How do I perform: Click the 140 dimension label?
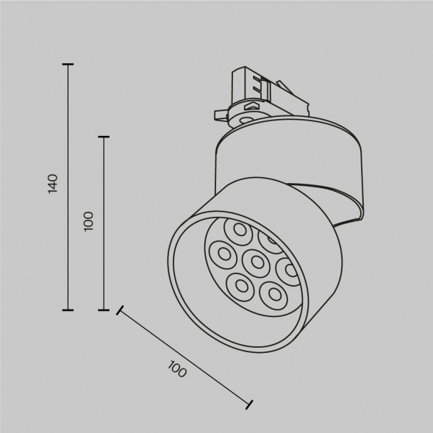click(x=52, y=183)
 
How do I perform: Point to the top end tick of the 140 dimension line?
click(x=68, y=65)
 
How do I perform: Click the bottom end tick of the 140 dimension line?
click(x=68, y=309)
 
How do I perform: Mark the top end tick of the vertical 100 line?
click(x=104, y=137)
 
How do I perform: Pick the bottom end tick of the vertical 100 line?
click(x=104, y=309)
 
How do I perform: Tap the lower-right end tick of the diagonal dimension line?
click(x=250, y=404)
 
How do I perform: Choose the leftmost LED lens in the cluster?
click(x=221, y=254)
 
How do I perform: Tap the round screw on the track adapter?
click(x=245, y=116)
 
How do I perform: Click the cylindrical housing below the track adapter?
click(x=287, y=165)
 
